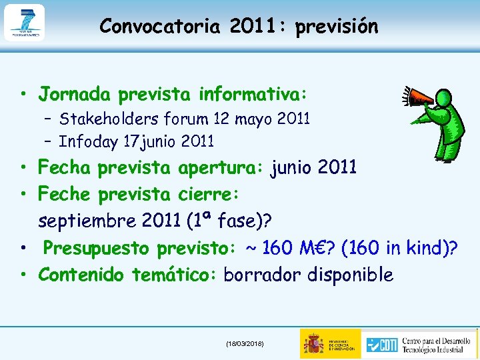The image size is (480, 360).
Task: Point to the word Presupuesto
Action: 97,248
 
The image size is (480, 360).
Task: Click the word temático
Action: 174,275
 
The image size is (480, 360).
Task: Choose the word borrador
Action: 263,275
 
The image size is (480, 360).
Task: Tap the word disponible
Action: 350,275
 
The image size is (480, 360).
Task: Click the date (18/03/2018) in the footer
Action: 245,343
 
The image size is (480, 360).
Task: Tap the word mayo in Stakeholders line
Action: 255,119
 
